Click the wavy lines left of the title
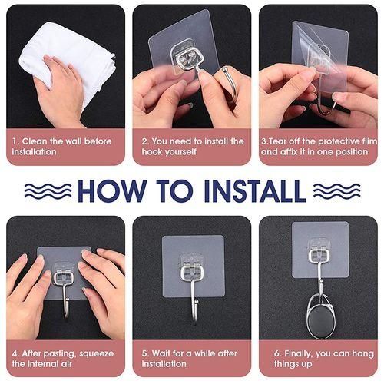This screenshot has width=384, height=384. click(x=48, y=190)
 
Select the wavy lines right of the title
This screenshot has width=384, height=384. click(x=337, y=190)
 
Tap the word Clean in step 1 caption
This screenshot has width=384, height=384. click(x=35, y=141)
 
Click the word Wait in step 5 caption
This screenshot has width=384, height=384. click(x=161, y=353)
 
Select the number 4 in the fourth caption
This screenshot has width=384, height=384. click(x=15, y=354)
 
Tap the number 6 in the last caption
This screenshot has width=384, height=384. click(x=277, y=353)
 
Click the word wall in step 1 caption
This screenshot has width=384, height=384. click(x=73, y=141)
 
